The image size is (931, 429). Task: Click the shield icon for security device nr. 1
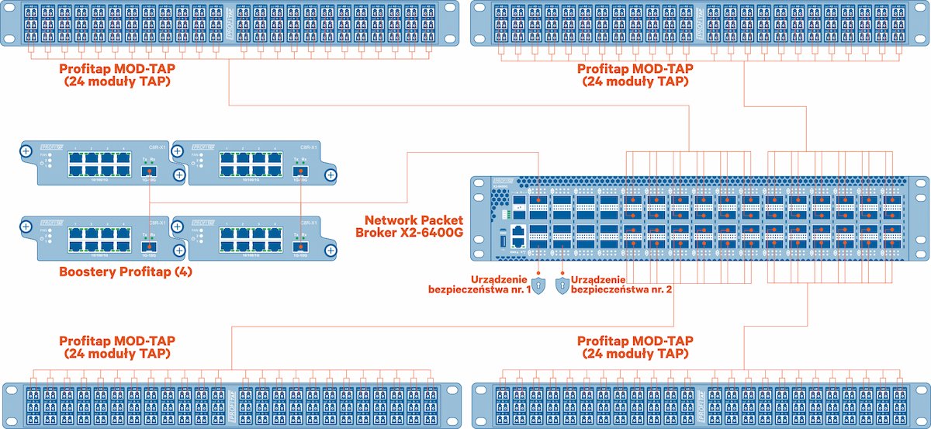tap(540, 285)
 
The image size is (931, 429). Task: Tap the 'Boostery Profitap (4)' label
tap(125, 272)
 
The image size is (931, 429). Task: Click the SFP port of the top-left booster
tap(148, 171)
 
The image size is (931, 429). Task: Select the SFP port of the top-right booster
tap(299, 171)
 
